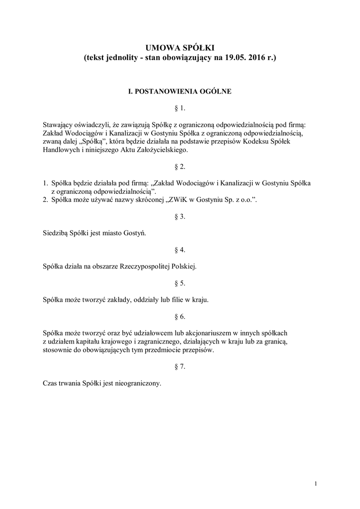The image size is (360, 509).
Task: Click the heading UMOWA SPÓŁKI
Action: pos(180,48)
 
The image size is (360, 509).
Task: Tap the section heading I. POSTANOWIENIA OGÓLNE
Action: pos(180,91)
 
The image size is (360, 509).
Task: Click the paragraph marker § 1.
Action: pos(180,108)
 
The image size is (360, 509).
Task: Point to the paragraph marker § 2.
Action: pos(180,167)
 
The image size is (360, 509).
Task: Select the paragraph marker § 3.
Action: pos(180,216)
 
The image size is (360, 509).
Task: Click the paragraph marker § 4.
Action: pos(180,250)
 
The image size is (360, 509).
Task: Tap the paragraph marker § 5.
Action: pos(180,283)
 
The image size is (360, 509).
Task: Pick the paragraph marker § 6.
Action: pos(180,317)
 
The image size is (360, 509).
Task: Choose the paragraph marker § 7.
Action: pos(180,366)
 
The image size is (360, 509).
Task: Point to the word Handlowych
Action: pos(60,150)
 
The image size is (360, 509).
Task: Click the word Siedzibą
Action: pos(55,233)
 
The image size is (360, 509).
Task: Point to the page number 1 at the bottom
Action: pos(316,484)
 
